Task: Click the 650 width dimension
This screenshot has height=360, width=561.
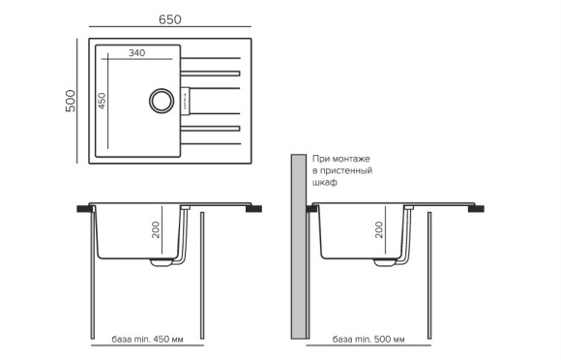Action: tap(171, 18)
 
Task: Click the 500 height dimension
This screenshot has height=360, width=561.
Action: tap(69, 102)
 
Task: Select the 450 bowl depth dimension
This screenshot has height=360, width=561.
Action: tap(102, 101)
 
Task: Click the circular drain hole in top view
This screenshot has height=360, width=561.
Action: tap(158, 100)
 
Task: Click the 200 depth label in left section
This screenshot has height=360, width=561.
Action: tap(155, 229)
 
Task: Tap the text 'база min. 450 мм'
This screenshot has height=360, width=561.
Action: tap(147, 341)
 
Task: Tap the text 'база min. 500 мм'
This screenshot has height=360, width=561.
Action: tap(368, 341)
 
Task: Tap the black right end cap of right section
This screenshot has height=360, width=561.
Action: tap(478, 207)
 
